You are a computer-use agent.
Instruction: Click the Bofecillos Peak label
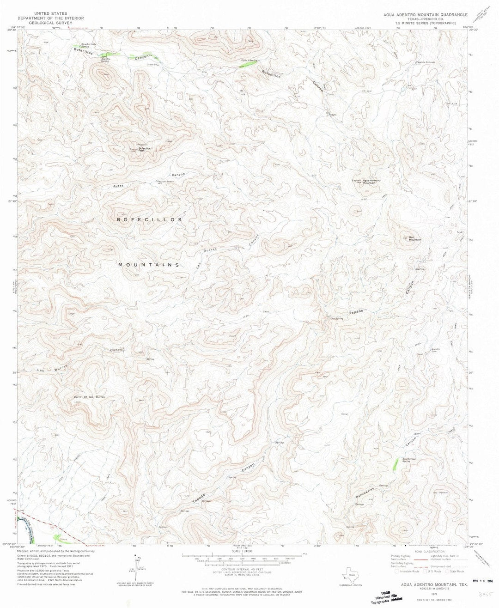tap(146, 149)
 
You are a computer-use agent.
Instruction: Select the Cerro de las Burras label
tap(89, 397)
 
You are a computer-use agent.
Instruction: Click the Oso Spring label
tap(336, 318)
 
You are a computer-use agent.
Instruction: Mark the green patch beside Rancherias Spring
tap(396, 464)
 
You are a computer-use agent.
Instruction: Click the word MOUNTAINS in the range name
tap(149, 265)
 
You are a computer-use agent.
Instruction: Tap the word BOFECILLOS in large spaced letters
tap(149, 220)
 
